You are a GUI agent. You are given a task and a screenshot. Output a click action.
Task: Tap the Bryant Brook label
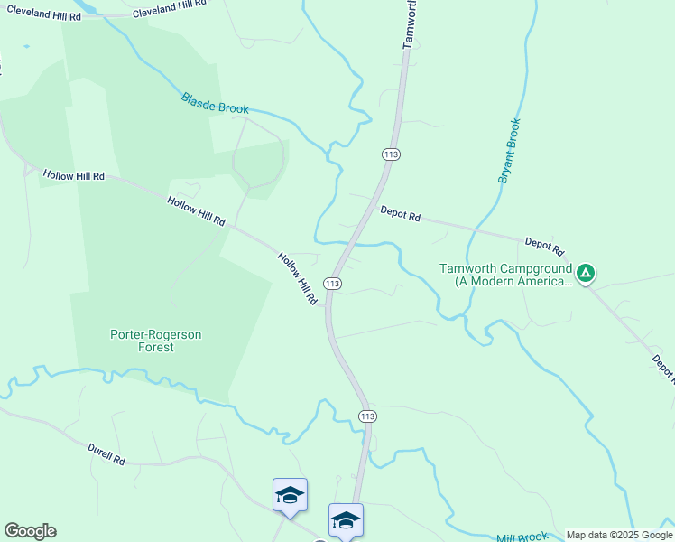click(510, 151)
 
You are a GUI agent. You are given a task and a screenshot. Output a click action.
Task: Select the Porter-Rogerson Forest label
click(156, 341)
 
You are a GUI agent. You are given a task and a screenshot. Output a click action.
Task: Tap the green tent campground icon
click(586, 272)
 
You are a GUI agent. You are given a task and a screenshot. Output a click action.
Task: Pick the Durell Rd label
click(106, 453)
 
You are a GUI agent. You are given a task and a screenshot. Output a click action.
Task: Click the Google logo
click(30, 531)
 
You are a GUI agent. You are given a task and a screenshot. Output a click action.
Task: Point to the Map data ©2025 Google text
click(619, 536)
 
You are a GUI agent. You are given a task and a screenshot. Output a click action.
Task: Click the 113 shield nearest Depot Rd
click(391, 154)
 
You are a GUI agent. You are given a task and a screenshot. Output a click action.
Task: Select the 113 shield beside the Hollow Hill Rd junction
click(333, 284)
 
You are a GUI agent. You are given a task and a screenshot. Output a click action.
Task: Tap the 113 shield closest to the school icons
click(366, 416)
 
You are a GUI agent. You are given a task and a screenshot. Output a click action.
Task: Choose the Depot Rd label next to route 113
click(401, 215)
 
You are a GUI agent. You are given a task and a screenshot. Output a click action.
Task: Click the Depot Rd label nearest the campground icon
click(544, 246)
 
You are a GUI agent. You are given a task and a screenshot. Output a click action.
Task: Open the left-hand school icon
click(290, 495)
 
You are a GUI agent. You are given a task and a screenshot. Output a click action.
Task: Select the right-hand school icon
click(346, 519)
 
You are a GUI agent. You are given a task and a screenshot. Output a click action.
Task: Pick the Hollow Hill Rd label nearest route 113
click(299, 277)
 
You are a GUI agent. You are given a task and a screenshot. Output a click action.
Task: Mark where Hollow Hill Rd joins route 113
click(328, 306)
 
